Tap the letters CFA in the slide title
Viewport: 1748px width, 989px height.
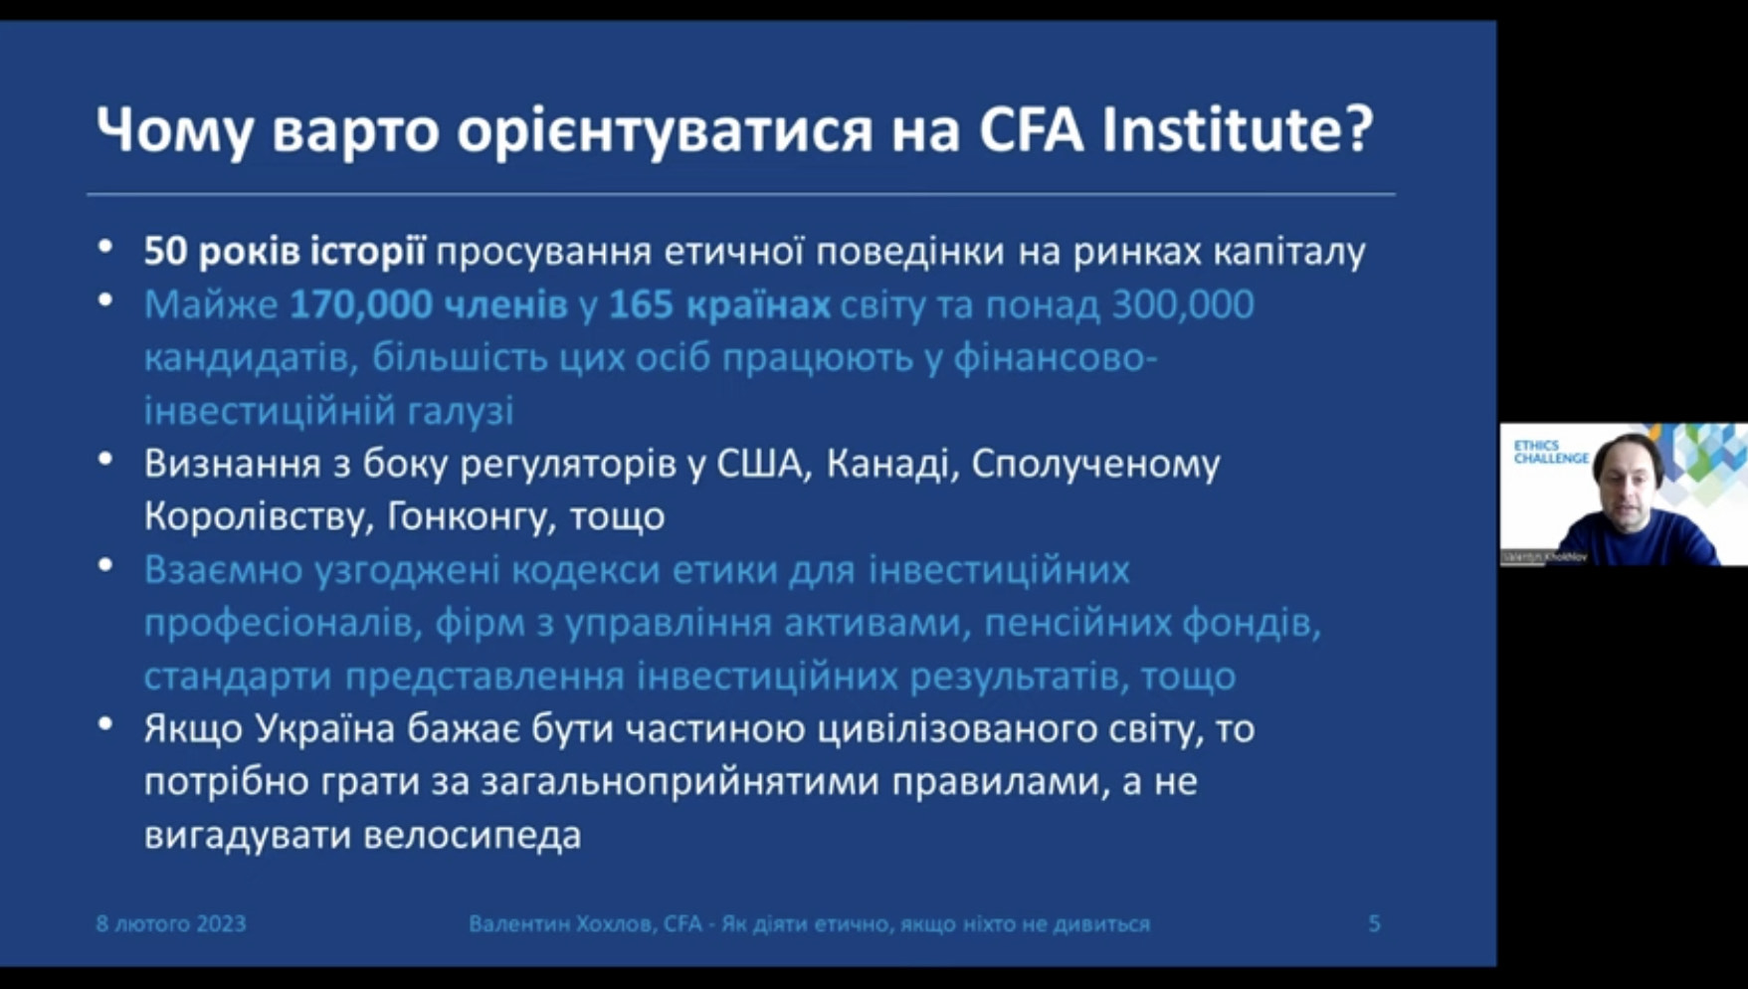[1031, 129]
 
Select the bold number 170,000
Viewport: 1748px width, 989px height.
[360, 304]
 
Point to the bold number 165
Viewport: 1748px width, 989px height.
[641, 304]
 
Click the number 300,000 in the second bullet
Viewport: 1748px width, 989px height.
[1182, 304]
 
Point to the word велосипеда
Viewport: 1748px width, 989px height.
[472, 835]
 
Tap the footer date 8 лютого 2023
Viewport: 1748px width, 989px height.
[171, 923]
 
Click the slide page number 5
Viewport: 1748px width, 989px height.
[1374, 923]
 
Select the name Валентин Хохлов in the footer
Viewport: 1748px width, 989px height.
[561, 924]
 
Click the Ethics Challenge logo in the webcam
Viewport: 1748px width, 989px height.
[1551, 452]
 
